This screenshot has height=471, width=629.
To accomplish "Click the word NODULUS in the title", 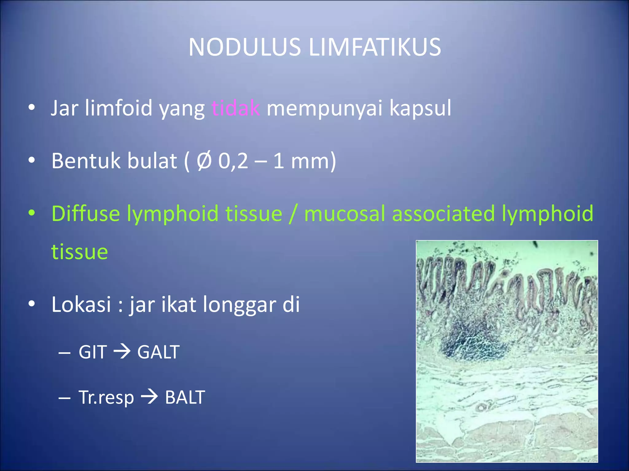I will [244, 47].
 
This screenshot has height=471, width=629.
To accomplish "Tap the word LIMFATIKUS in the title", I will [375, 47].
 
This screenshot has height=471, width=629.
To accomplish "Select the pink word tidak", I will [236, 108].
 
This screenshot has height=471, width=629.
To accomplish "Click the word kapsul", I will [420, 108].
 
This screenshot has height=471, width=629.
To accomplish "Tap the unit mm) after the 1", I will [313, 161].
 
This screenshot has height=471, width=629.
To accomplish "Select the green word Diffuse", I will [85, 213].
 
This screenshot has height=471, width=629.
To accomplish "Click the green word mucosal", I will [345, 213].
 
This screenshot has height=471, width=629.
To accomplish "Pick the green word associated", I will [443, 213].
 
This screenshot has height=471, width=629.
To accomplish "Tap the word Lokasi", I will [81, 304].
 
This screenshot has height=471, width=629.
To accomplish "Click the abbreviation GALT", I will [158, 352].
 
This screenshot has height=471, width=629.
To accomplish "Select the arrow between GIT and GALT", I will [122, 351].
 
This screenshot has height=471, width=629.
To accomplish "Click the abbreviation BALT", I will [185, 397].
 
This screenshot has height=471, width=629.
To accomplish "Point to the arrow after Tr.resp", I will [149, 397].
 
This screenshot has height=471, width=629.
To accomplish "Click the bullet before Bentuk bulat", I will [32, 160].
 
